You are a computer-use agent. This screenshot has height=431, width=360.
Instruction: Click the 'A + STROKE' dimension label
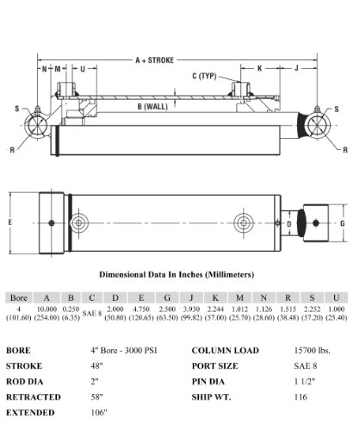point(154,60)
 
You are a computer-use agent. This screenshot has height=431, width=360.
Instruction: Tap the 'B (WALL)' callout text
point(152,107)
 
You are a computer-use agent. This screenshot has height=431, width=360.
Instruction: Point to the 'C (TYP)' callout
point(204,76)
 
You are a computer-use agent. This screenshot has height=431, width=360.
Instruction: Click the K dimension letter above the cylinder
point(259,68)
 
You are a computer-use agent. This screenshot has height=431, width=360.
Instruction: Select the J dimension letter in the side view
point(297,68)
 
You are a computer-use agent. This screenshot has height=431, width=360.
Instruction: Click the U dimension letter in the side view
point(83,69)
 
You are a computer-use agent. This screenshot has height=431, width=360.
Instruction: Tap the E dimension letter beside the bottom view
point(10,222)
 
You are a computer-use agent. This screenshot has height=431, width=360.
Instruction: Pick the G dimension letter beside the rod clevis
point(342,223)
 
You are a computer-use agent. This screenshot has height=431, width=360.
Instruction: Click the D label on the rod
point(289,223)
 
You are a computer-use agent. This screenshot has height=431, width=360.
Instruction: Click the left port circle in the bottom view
point(78,223)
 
